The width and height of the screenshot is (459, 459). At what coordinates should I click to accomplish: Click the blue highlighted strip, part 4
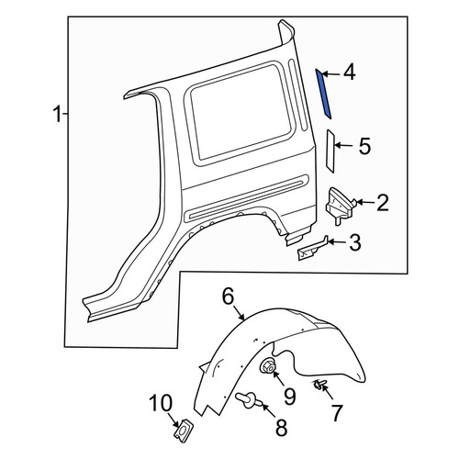click(x=323, y=94)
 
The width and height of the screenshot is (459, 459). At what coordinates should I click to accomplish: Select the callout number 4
click(x=349, y=73)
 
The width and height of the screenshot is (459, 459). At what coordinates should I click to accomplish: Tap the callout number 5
click(x=364, y=146)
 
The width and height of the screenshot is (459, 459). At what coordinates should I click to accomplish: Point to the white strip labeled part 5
click(x=330, y=151)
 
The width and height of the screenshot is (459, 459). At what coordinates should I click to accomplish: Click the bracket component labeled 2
click(x=340, y=206)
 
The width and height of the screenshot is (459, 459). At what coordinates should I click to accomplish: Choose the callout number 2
click(x=383, y=203)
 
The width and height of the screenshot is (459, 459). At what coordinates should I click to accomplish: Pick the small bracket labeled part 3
click(x=312, y=248)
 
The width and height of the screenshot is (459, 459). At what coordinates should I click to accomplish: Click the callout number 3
click(x=355, y=242)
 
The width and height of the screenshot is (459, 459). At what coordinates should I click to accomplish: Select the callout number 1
click(x=58, y=114)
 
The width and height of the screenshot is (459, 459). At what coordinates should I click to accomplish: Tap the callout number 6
click(x=229, y=297)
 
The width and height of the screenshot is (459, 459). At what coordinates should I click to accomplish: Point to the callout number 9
click(x=289, y=397)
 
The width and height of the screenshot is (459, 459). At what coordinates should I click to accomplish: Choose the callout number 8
click(x=282, y=428)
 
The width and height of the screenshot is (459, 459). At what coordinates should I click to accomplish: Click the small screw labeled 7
click(x=319, y=385)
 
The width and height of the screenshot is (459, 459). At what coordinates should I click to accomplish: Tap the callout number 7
click(x=337, y=413)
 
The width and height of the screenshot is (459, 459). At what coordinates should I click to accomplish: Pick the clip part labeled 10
click(x=182, y=431)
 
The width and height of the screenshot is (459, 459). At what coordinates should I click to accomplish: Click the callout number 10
click(x=161, y=403)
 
